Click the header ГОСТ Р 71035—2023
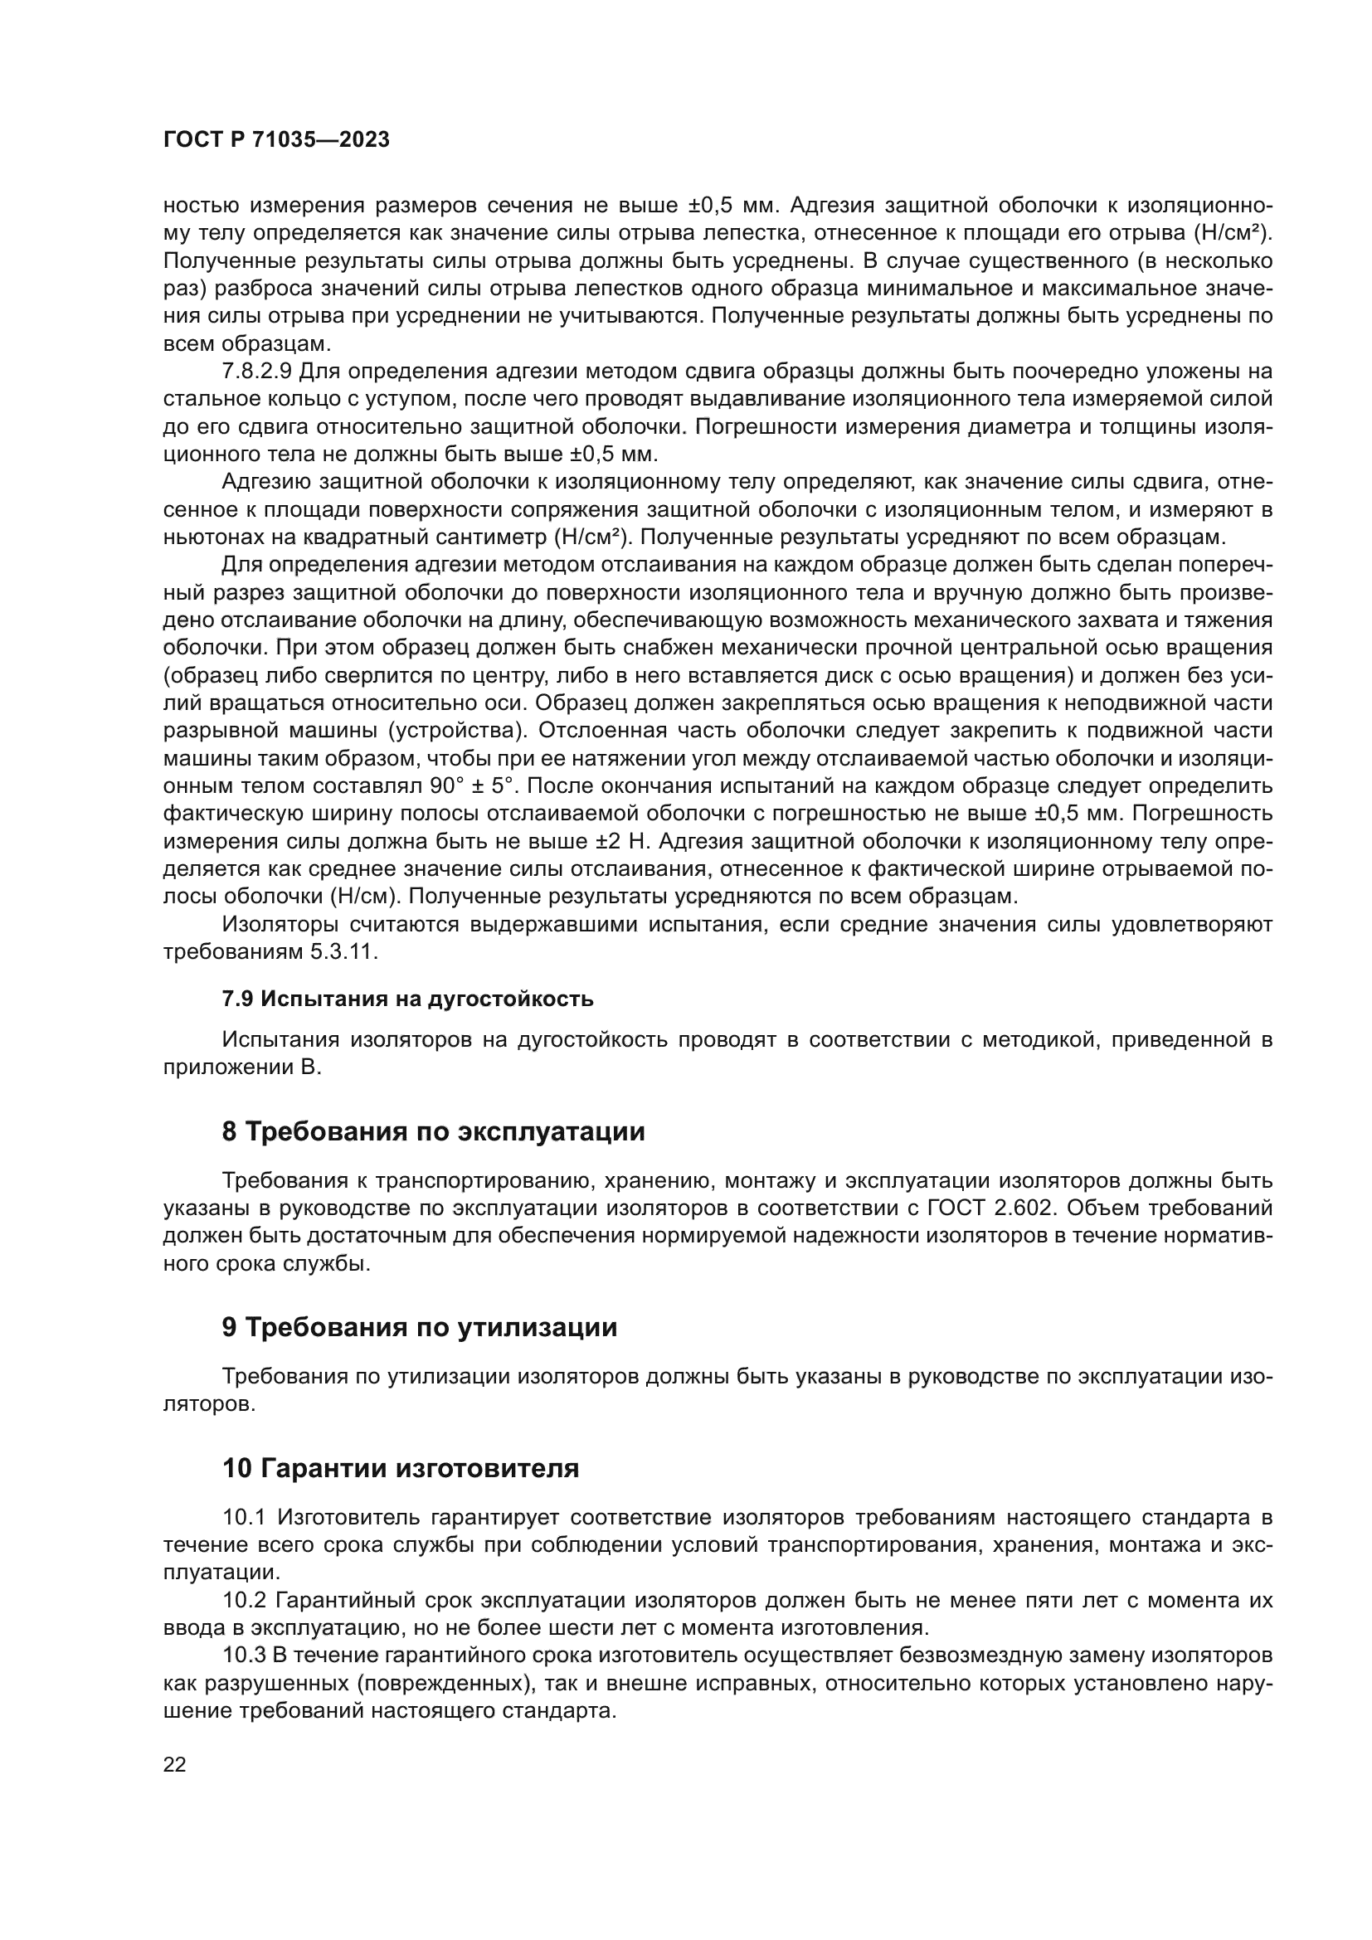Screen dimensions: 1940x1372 pyautogui.click(x=276, y=140)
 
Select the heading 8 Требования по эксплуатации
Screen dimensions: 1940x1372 pyautogui.click(x=432, y=1131)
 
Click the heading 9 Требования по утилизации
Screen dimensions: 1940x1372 pyautogui.click(x=419, y=1327)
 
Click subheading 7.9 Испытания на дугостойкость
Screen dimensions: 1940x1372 pyautogui.click(x=407, y=999)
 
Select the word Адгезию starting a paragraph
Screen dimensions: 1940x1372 pyautogui.click(x=265, y=482)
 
